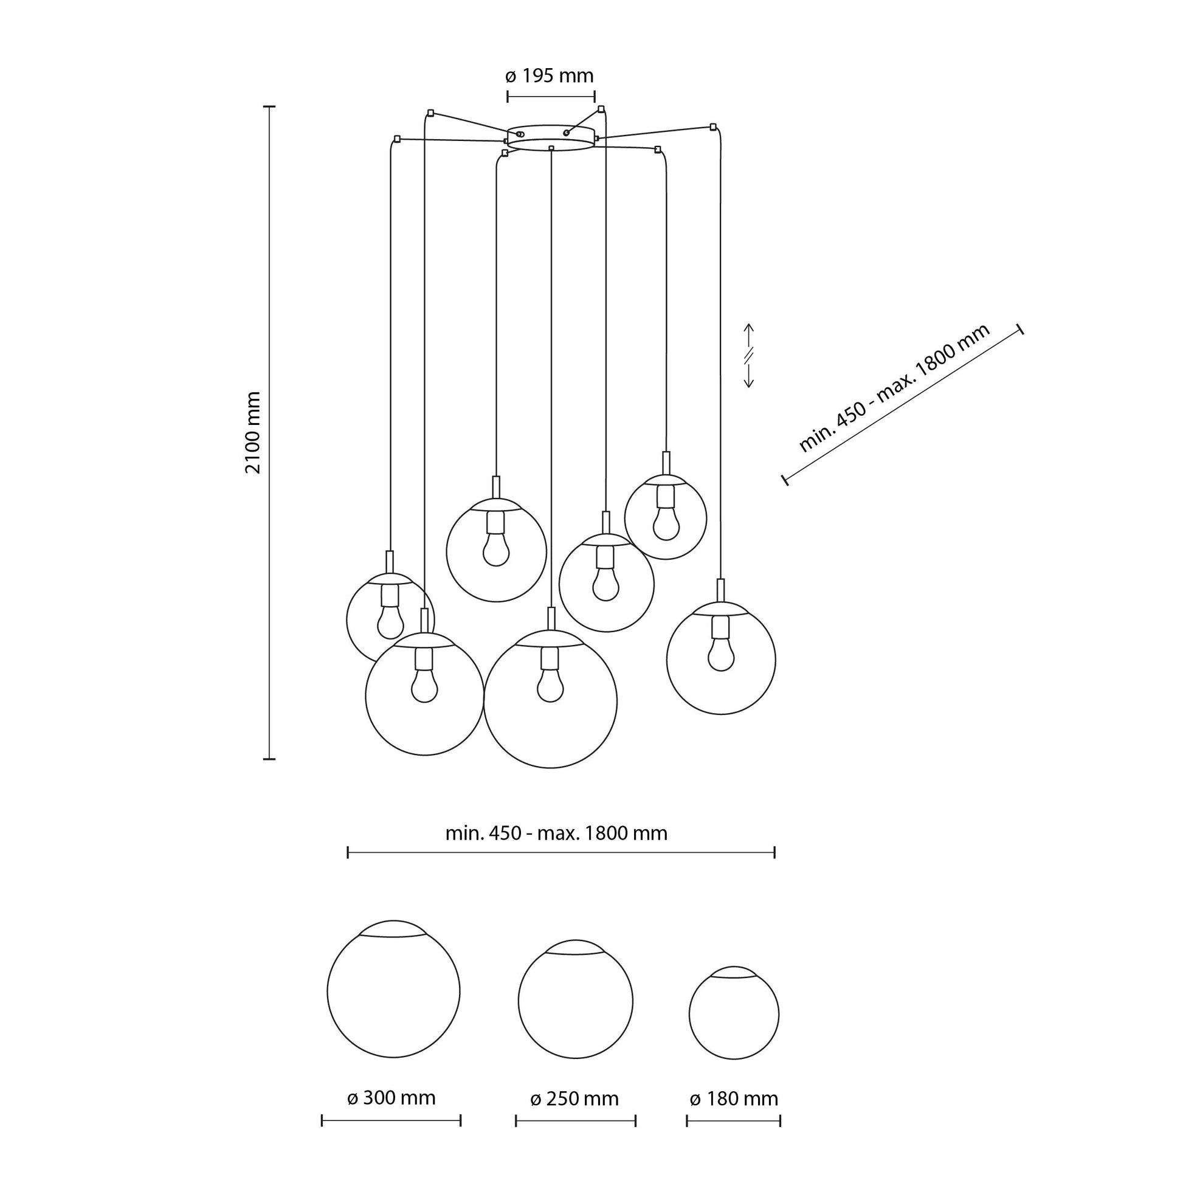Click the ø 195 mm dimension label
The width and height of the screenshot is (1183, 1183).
click(x=550, y=76)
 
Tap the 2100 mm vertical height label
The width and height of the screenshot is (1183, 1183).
click(x=253, y=432)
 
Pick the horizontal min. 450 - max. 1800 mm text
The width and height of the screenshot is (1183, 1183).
click(x=556, y=833)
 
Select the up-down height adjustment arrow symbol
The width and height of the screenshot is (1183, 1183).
click(x=748, y=356)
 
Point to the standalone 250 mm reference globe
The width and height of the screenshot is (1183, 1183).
click(x=575, y=1001)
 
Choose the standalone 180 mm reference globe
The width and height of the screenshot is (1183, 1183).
click(x=734, y=1013)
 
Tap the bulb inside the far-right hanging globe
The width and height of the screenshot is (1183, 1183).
click(x=721, y=657)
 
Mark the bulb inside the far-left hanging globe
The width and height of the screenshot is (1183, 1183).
click(x=390, y=623)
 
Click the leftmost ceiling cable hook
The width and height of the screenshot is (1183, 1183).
click(x=398, y=139)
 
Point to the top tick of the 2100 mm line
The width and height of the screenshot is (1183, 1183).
click(x=269, y=106)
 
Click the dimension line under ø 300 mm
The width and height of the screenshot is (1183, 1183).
click(x=391, y=1137)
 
